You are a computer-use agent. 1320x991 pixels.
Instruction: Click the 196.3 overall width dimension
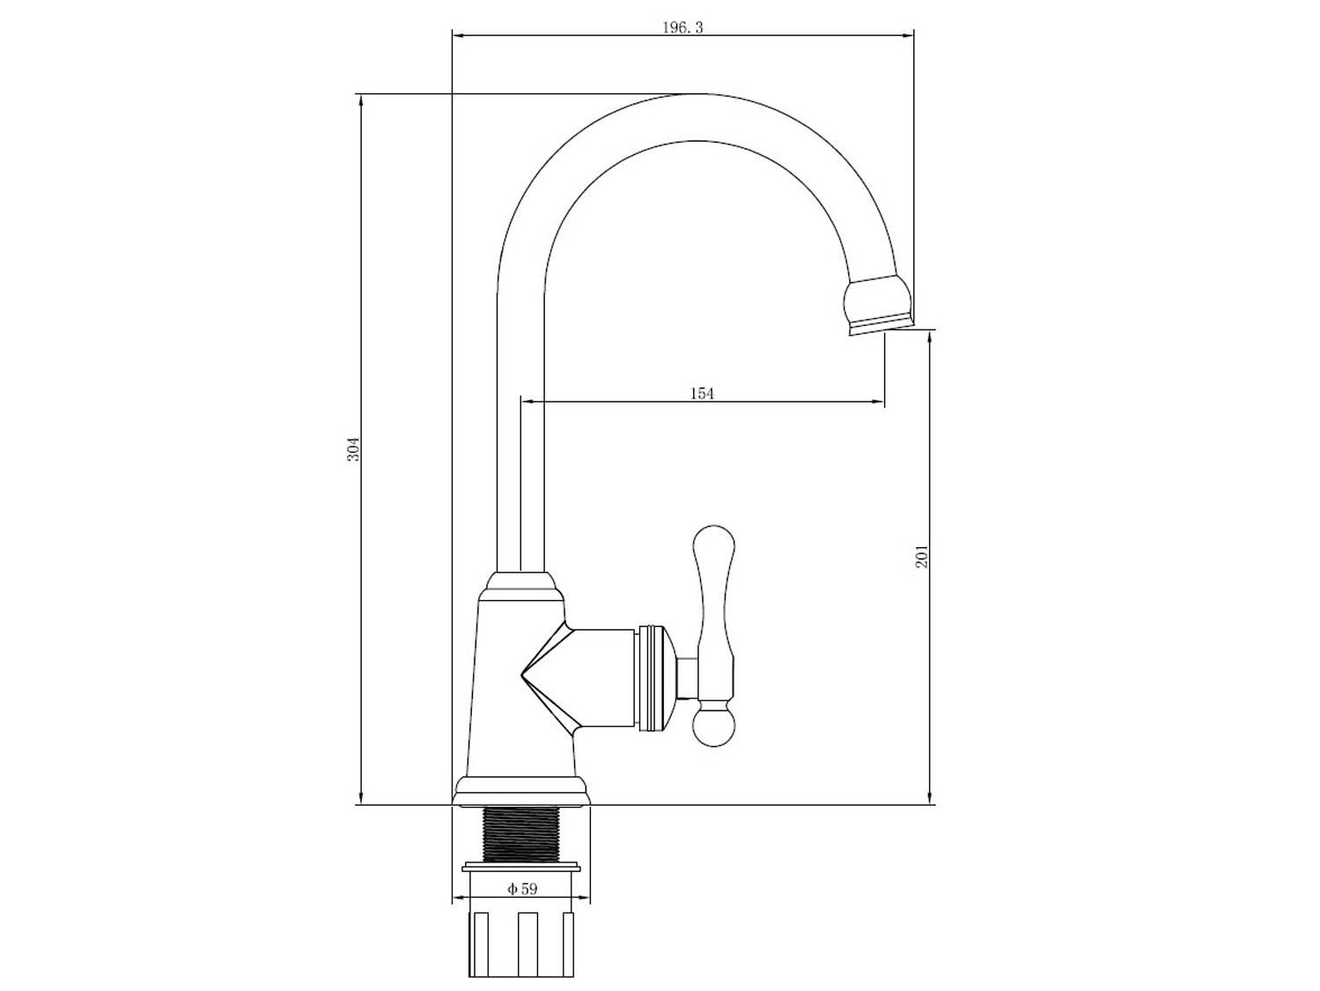[682, 27]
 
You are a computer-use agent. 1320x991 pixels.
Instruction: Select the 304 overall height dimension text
[353, 449]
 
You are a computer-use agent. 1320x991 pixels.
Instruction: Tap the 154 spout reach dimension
[701, 394]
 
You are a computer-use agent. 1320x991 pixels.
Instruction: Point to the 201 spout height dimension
[922, 557]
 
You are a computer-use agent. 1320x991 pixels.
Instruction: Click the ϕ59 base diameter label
[522, 889]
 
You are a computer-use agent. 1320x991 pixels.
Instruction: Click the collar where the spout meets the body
[521, 583]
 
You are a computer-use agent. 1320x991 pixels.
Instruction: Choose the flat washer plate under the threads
[521, 867]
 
